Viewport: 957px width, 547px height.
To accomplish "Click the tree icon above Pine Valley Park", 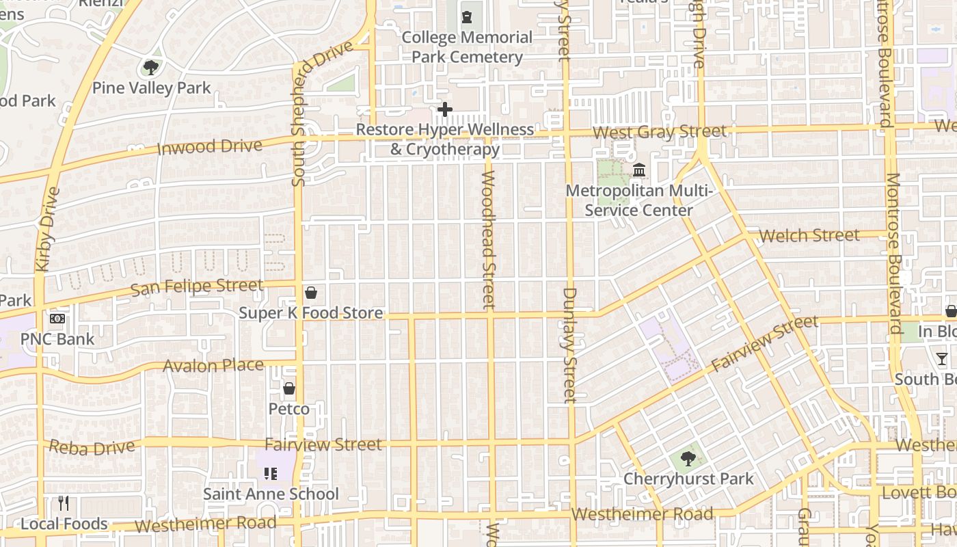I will tap(151, 68).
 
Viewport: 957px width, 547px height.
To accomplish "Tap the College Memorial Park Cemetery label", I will tap(467, 47).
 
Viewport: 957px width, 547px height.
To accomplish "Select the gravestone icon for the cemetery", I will tap(467, 16).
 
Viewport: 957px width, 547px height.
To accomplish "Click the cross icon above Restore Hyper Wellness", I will tap(445, 109).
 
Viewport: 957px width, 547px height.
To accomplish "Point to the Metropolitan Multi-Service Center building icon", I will tap(639, 170).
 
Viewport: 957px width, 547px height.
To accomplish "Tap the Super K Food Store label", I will tap(310, 313).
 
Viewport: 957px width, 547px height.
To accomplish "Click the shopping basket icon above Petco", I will tap(289, 389).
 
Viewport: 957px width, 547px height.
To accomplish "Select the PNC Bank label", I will tap(57, 339).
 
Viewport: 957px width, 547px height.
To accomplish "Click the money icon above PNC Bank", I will tap(57, 318).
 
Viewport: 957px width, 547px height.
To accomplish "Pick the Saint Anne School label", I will tap(271, 494).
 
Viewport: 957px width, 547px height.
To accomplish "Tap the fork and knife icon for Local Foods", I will tap(64, 504).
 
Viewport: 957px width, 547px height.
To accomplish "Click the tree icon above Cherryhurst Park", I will tap(688, 459).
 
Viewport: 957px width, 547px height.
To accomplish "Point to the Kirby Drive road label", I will tap(46, 229).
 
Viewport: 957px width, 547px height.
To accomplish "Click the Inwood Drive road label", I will tap(210, 146).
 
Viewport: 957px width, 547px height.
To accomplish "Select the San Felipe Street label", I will tap(196, 287).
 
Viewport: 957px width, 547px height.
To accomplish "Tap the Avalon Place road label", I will tap(213, 366).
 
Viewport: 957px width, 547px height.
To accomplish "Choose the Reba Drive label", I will tap(92, 447).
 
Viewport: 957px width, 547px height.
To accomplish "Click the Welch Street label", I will tap(809, 236).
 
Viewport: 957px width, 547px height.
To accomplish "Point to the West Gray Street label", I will tap(660, 131).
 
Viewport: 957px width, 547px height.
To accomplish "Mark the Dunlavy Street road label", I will tap(570, 345).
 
